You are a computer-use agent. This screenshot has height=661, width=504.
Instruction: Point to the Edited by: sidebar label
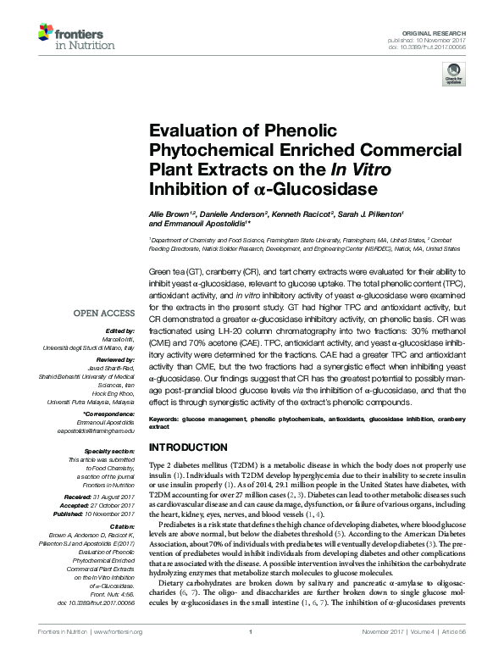pos(120,330)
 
